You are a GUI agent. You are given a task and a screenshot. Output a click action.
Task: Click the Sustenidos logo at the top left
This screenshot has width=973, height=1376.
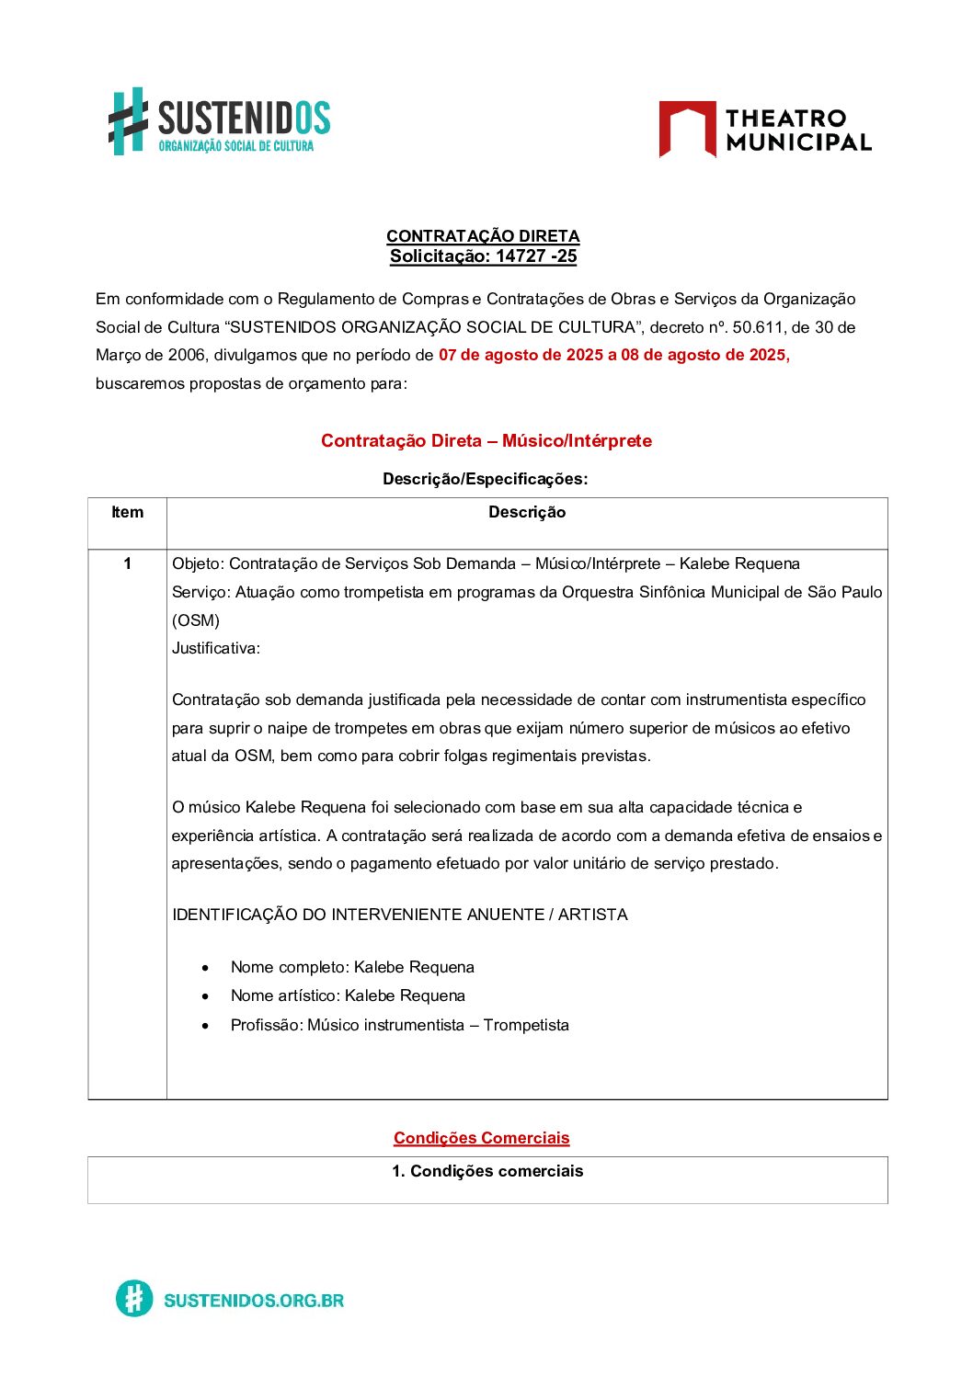point(219,121)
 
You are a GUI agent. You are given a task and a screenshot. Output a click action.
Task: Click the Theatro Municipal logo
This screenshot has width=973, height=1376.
point(765,130)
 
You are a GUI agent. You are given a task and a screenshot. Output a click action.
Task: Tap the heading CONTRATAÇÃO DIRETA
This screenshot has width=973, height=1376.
point(483,236)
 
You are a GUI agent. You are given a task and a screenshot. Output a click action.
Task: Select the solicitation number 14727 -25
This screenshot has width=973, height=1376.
point(536,256)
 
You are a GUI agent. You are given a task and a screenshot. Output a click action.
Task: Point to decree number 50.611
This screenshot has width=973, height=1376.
point(758,327)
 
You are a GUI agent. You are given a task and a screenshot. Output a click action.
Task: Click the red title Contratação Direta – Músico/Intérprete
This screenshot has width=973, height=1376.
point(486,441)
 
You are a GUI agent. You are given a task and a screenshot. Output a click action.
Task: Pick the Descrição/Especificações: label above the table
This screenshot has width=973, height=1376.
point(485,479)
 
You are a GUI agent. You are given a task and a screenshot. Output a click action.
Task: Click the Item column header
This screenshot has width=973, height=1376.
point(127,513)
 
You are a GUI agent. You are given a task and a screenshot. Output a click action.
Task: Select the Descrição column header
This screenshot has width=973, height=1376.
point(527,513)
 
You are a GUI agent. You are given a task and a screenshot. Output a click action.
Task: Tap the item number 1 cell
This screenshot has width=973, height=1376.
point(127,564)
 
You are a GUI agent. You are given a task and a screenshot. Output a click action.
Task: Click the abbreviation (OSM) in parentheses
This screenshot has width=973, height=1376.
point(196,620)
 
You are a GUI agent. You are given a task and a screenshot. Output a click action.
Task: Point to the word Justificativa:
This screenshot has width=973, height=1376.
point(216,649)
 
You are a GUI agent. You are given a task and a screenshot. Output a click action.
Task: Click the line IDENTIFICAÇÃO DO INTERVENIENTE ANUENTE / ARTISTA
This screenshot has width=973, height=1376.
point(400,915)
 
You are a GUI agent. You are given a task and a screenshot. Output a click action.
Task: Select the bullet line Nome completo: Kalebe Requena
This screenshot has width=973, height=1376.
point(352,968)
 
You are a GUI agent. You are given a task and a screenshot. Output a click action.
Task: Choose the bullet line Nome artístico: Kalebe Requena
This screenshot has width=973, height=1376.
point(348,996)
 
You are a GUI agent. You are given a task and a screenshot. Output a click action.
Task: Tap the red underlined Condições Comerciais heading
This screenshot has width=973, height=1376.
point(482,1139)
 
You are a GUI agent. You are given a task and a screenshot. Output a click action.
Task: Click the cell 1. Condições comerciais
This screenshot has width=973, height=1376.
point(487,1172)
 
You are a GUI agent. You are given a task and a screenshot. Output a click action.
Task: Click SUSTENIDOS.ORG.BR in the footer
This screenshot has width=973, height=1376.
point(254,1301)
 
